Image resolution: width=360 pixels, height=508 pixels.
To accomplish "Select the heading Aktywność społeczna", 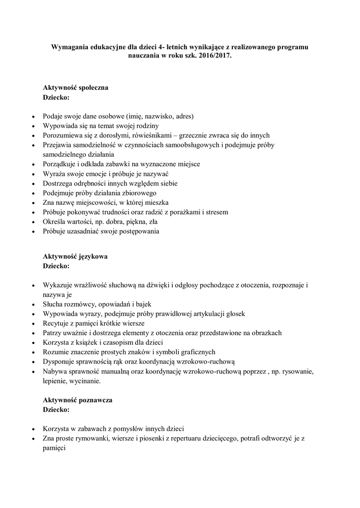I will [75, 88].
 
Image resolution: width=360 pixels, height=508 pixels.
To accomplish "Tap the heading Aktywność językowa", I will [75, 256].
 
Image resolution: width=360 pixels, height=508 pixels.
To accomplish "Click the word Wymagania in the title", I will [70, 47].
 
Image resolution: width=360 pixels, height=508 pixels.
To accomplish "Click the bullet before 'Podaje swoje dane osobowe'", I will [33, 117].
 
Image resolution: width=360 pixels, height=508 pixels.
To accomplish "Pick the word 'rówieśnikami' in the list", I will [134, 135].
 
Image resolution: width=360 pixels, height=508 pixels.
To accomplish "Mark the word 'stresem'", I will [217, 212].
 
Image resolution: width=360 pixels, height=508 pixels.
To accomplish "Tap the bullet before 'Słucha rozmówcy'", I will [33, 304].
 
